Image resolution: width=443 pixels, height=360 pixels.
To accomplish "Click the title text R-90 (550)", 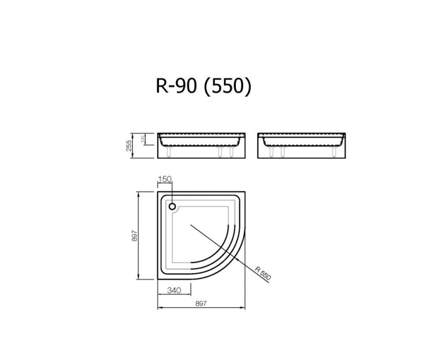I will pyautogui.click(x=203, y=86).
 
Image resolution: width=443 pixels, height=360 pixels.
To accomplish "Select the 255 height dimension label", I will pyautogui.click(x=128, y=145).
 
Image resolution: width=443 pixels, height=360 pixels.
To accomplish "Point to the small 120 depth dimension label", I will pyautogui.click(x=143, y=139).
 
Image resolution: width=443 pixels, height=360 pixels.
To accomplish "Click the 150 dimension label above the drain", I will pyautogui.click(x=165, y=178).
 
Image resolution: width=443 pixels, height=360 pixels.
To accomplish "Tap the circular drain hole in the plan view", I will pyautogui.click(x=173, y=207).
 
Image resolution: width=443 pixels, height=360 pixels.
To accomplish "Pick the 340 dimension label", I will pyautogui.click(x=173, y=290).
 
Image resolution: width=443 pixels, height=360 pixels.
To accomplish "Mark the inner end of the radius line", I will pyautogui.click(x=190, y=224).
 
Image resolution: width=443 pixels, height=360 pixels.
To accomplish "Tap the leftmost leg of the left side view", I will pyautogui.click(x=168, y=152).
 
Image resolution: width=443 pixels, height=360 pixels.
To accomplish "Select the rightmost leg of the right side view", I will pyautogui.click(x=334, y=152).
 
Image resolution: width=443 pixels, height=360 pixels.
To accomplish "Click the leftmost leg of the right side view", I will pyautogui.click(x=271, y=152).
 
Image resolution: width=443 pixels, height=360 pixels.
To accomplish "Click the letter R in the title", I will pyautogui.click(x=161, y=86).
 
